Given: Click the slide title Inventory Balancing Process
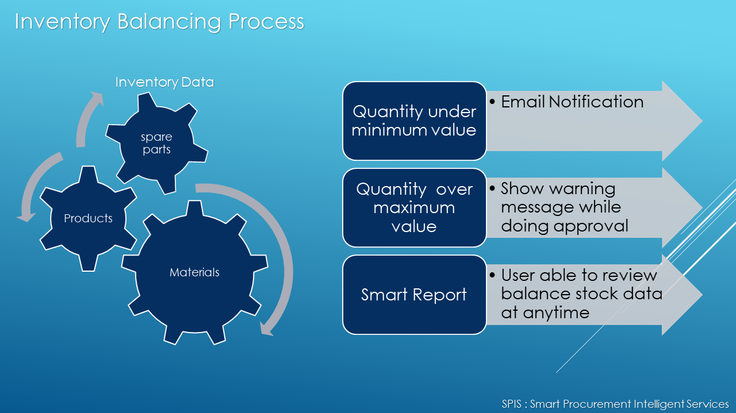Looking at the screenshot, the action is tap(159, 22).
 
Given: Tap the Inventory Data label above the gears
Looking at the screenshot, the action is tap(164, 82).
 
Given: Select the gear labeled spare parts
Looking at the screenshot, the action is tap(157, 143).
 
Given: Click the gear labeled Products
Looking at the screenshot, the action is tap(88, 218).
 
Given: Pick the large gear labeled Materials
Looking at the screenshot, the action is tap(194, 272).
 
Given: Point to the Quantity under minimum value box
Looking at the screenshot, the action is tap(415, 121).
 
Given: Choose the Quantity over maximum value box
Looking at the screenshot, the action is tap(415, 207).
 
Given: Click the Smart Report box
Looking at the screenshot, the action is tap(415, 295).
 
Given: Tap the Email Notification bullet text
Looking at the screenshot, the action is tap(572, 102).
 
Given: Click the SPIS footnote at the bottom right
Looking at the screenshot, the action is tap(615, 404).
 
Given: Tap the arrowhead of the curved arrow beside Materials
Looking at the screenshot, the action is tap(266, 329).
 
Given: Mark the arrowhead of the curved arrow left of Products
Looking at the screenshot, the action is tap(26, 217).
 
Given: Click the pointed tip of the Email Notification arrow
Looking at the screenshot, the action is tap(702, 121).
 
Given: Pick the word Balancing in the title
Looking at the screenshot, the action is tap(169, 22).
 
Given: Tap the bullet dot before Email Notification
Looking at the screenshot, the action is tap(492, 102).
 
